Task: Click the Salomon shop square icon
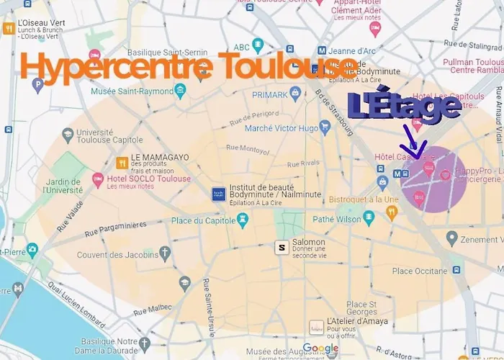(x=282, y=247)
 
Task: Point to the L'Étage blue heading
(x=404, y=106)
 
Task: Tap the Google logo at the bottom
(x=320, y=349)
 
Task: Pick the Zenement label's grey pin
(x=451, y=238)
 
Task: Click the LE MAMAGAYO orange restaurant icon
(x=122, y=163)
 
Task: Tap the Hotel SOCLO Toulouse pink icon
(x=98, y=179)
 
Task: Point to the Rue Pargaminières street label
(x=121, y=229)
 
